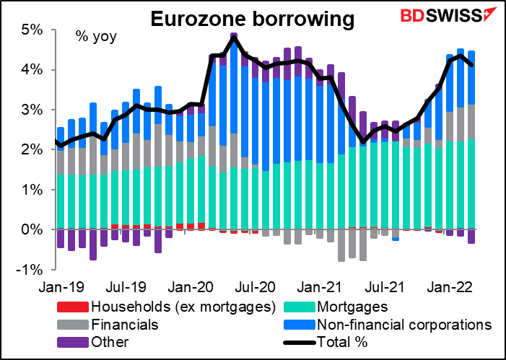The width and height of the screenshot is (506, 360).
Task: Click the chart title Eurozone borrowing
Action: point(253,19)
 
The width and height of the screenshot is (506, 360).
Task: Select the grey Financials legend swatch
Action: point(76,324)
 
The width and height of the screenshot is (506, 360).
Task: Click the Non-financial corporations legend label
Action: point(404,324)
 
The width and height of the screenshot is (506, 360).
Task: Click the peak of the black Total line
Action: point(233,38)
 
